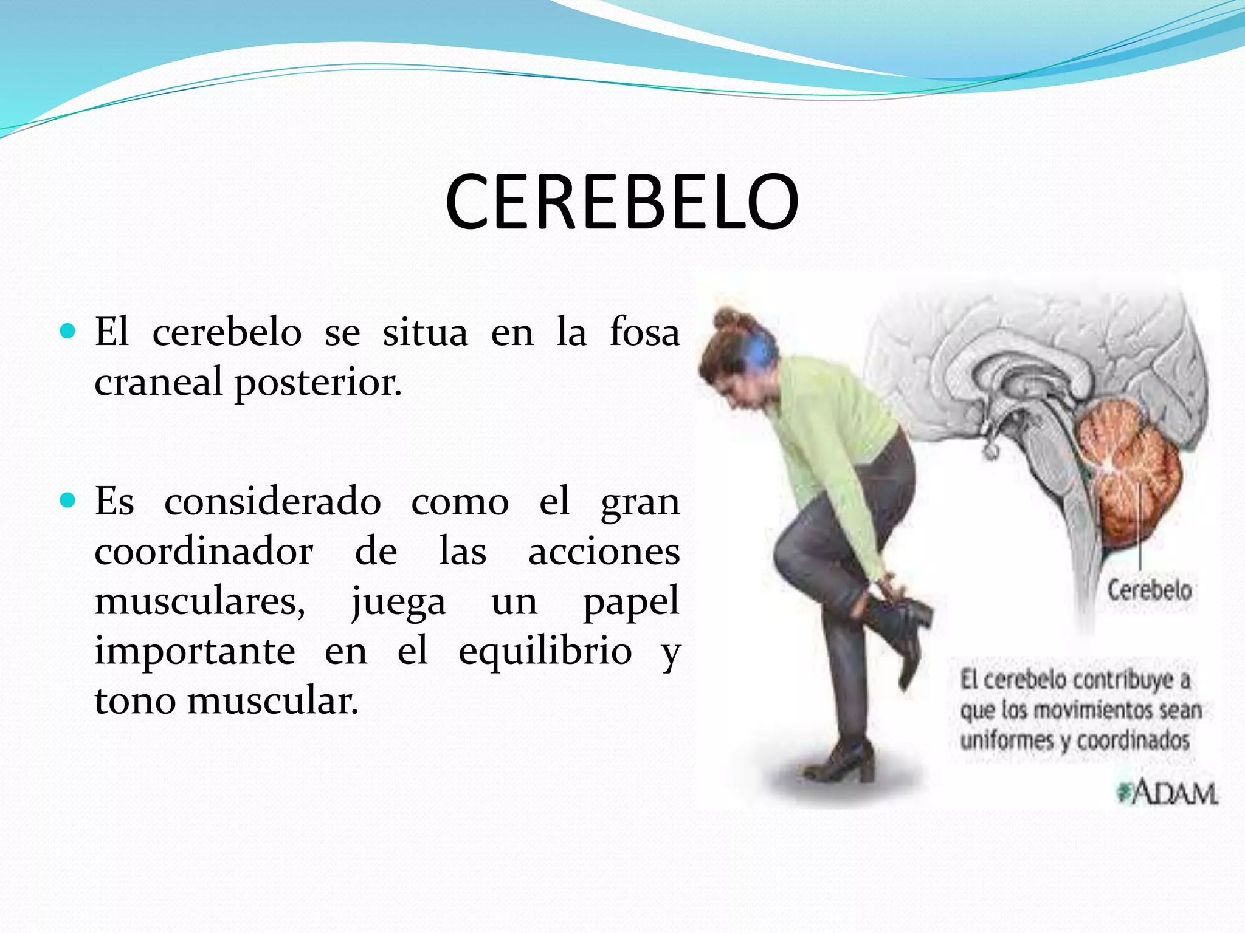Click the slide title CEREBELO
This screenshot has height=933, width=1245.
(x=621, y=202)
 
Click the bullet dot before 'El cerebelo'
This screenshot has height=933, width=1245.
(x=68, y=331)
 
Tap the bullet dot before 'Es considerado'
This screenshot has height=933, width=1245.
(x=68, y=501)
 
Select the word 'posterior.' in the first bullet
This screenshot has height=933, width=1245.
(x=318, y=383)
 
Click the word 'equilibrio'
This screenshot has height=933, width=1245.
(x=545, y=651)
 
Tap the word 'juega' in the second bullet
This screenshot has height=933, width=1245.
(x=398, y=602)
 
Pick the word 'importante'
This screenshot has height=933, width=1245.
(x=195, y=651)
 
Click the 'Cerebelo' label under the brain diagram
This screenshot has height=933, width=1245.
(x=1148, y=590)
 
